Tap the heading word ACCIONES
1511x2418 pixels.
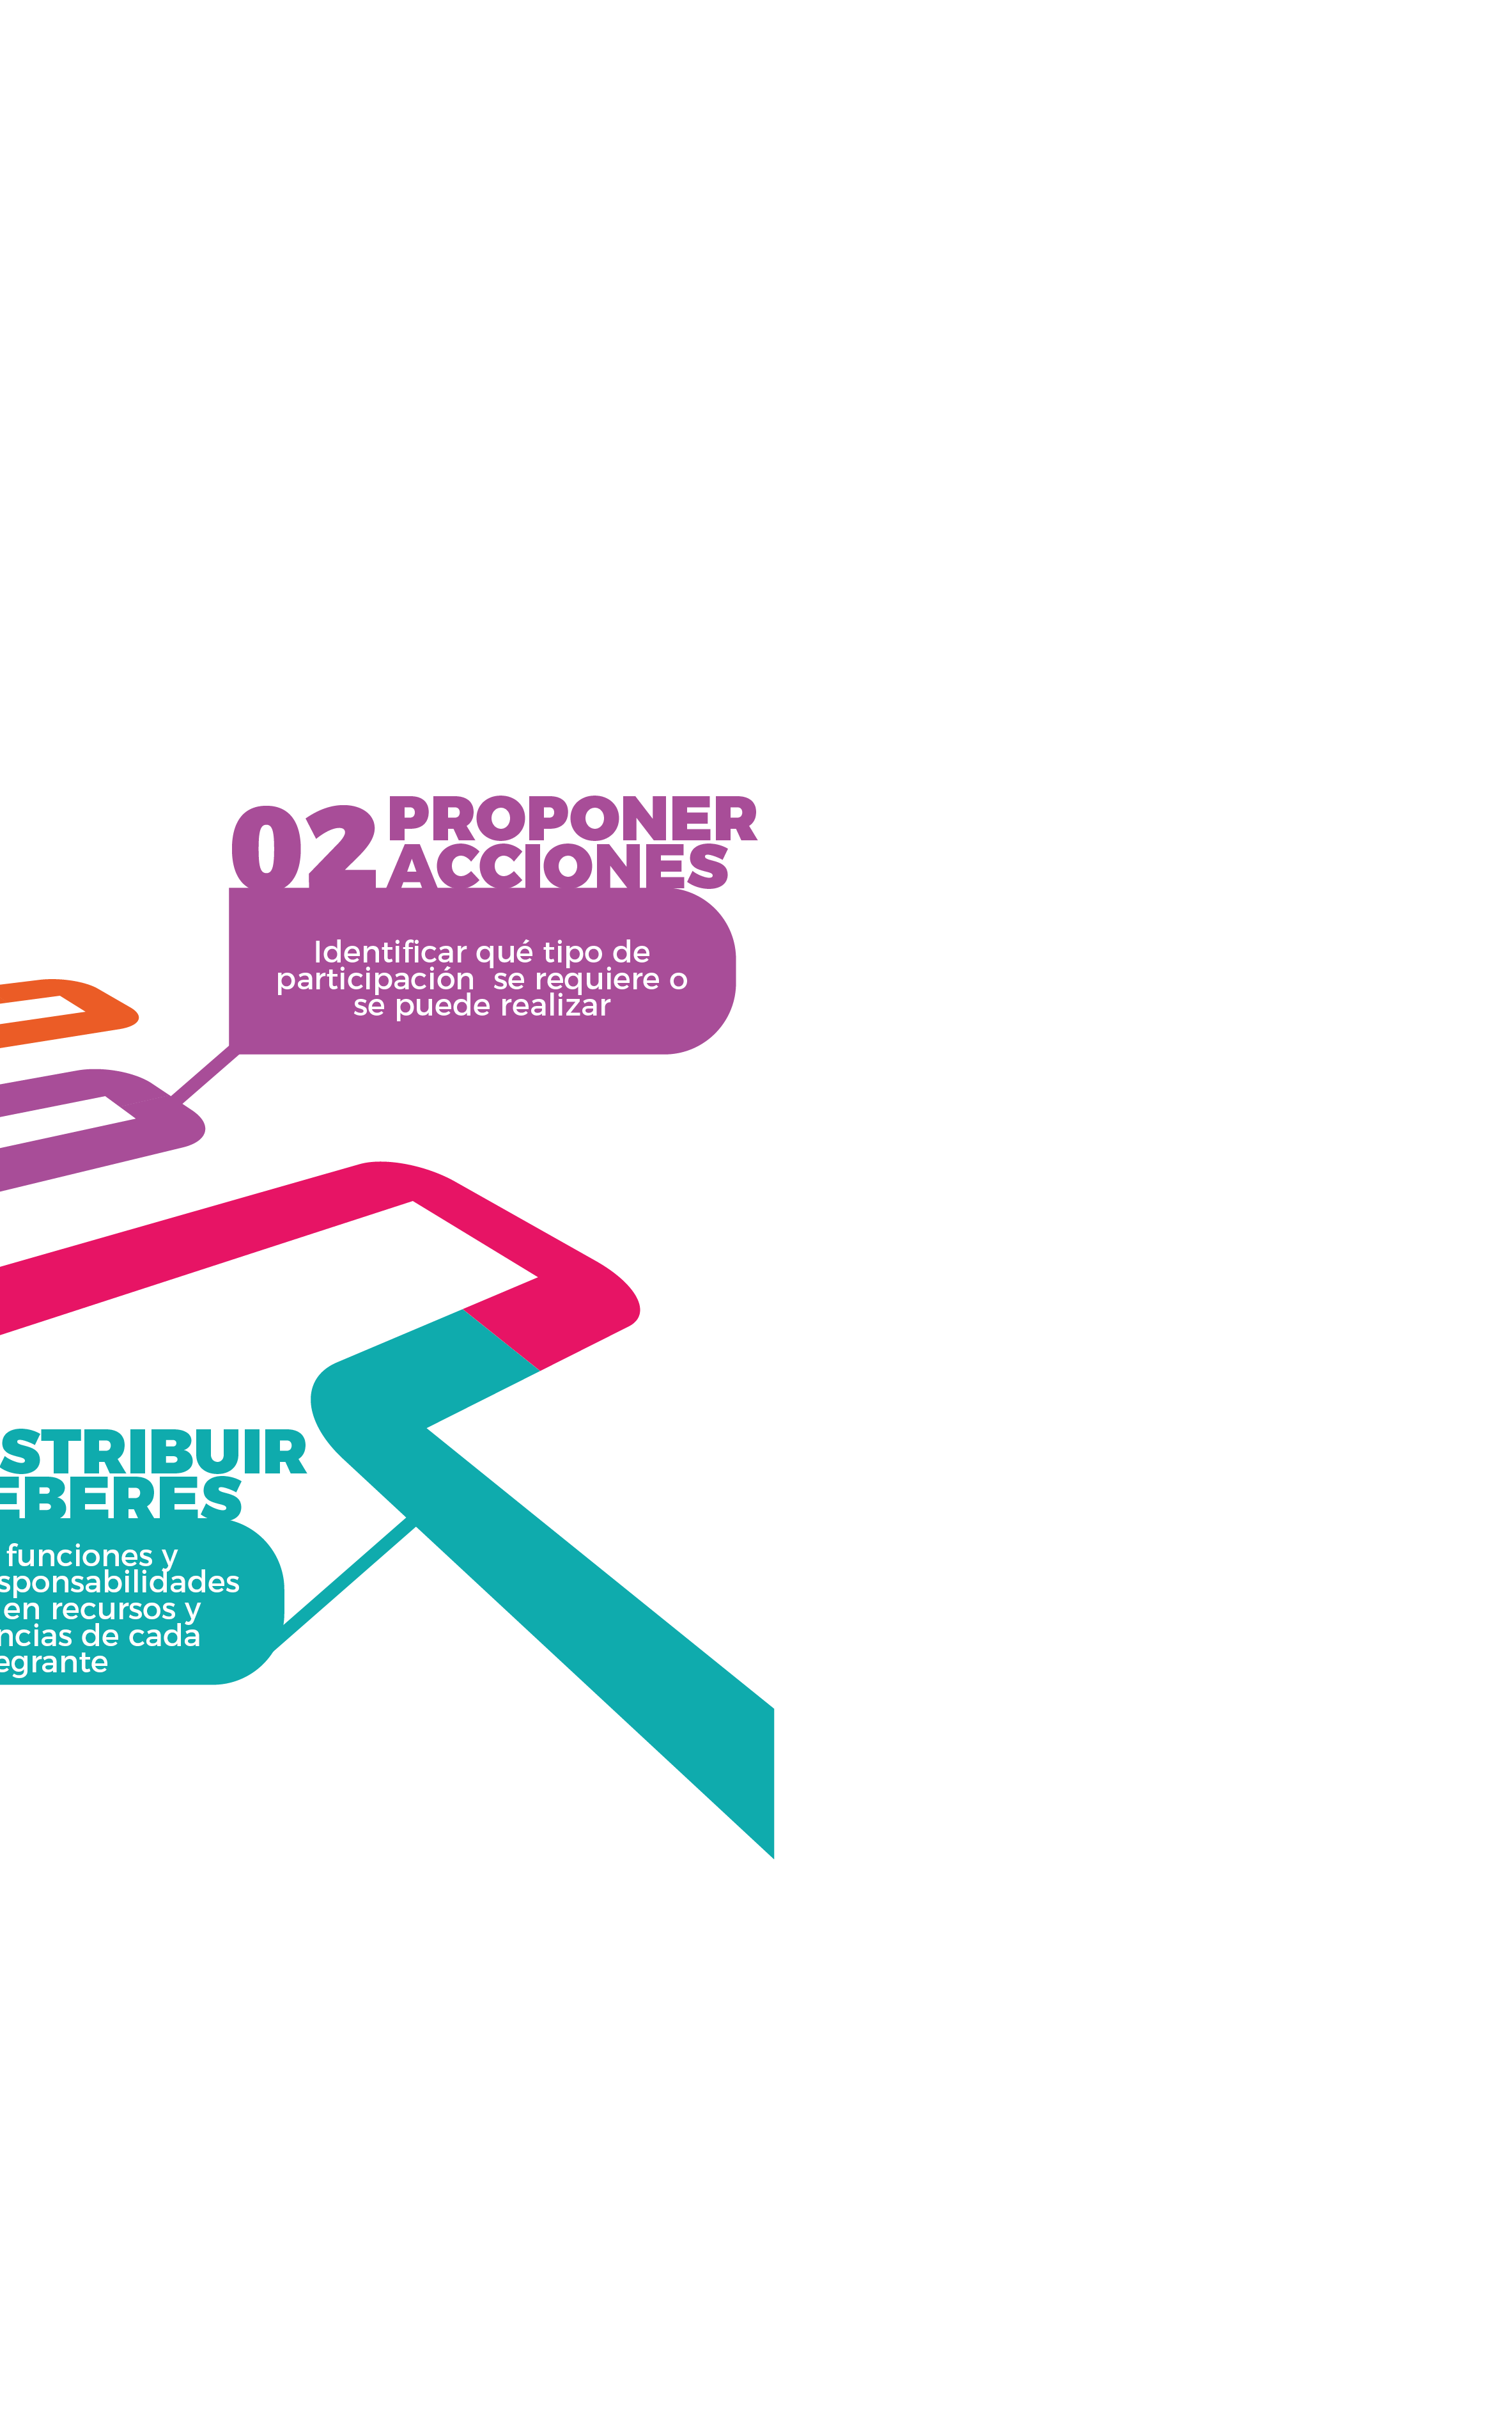point(557,866)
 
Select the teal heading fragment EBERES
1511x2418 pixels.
point(120,1497)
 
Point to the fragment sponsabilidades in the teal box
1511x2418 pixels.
point(120,1582)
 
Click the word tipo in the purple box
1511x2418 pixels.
point(573,953)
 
